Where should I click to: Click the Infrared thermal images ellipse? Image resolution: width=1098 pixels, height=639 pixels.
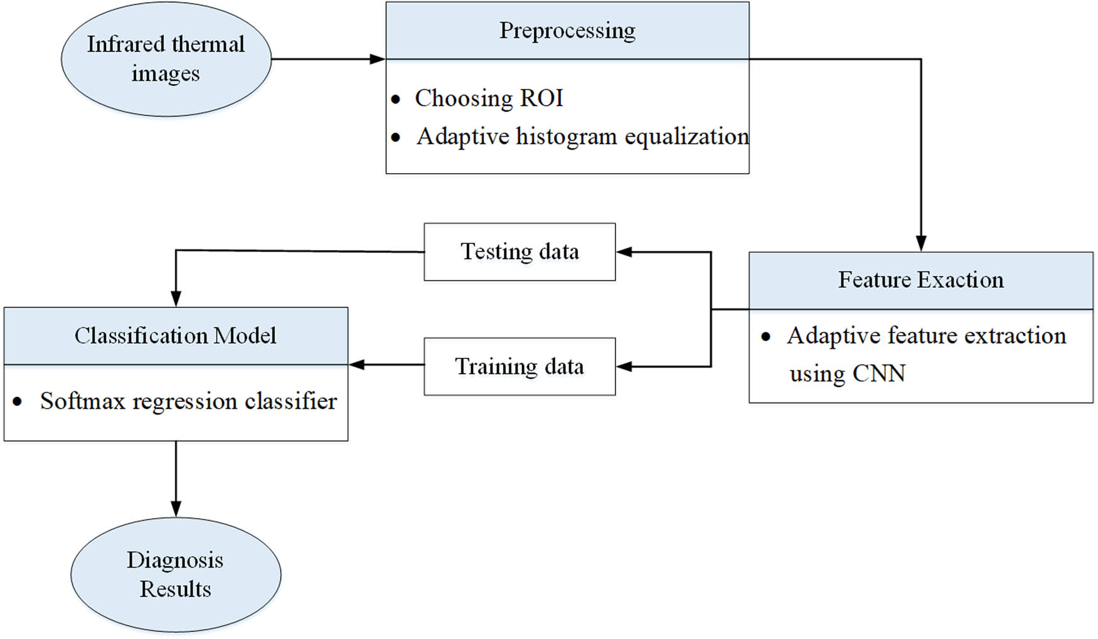[166, 58]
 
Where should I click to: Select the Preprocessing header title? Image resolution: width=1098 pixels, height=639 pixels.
[567, 30]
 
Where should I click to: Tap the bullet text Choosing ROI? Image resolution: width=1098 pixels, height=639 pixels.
[489, 98]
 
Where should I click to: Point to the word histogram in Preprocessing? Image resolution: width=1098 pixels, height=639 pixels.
[566, 137]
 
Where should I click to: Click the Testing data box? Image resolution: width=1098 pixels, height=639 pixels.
[520, 251]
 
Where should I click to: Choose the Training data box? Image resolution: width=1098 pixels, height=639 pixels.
[520, 366]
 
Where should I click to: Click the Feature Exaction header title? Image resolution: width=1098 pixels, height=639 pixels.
[920, 280]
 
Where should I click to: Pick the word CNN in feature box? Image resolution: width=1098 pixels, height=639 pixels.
[878, 374]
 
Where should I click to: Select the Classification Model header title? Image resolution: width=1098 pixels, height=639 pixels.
[175, 335]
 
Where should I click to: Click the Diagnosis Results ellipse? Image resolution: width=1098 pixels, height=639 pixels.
[176, 574]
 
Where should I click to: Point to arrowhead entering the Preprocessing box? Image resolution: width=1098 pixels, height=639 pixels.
[378, 59]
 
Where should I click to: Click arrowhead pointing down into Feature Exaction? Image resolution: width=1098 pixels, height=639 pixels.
[920, 243]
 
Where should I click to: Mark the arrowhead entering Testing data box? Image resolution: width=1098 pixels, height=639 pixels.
[624, 252]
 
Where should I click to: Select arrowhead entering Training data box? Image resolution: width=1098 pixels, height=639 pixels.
[624, 367]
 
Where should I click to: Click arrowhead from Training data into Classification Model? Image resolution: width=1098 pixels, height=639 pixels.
[356, 364]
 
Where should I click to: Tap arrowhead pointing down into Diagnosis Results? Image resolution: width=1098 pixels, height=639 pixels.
[176, 509]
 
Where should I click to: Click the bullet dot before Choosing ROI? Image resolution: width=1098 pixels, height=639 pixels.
[395, 99]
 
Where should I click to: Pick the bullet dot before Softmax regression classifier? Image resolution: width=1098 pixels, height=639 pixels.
[18, 402]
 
